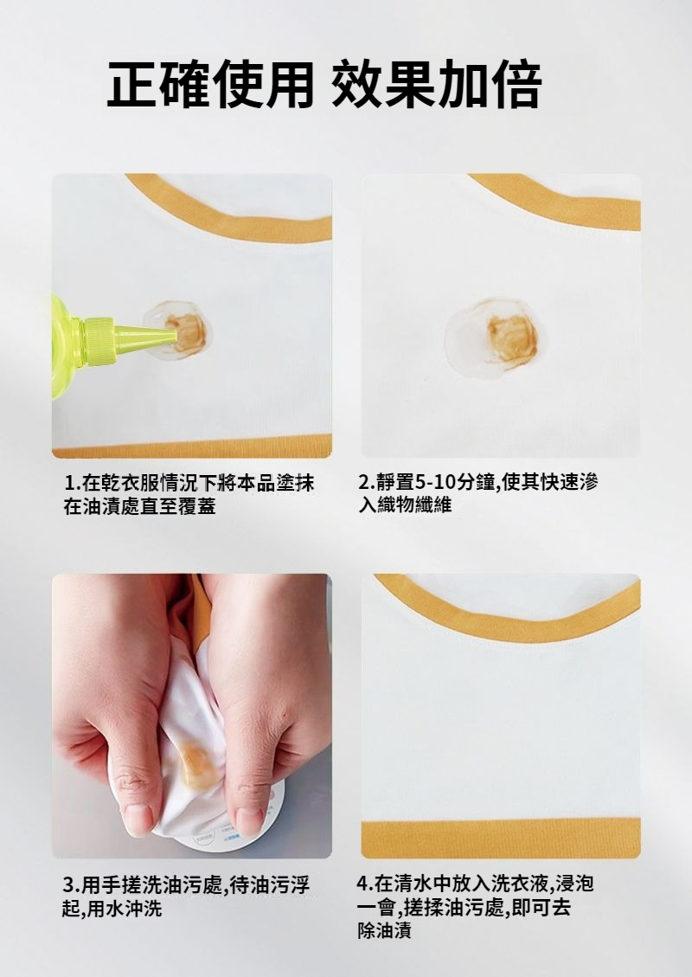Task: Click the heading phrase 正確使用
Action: click(x=210, y=84)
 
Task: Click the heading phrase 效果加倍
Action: click(x=437, y=84)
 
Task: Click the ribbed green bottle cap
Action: click(x=99, y=341)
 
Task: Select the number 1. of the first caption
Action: click(x=72, y=483)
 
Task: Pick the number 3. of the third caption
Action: click(x=72, y=884)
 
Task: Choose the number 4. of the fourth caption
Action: click(x=365, y=883)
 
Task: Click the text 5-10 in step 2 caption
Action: click(x=435, y=482)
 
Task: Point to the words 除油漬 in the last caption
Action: click(x=384, y=931)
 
